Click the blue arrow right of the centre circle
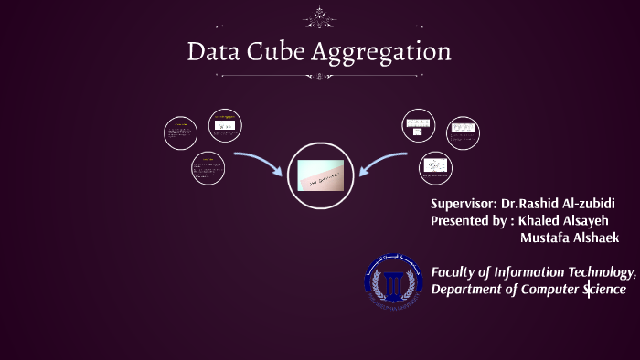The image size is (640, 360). pos(384,162)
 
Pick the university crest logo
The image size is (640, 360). pos(394,278)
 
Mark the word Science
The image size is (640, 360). pos(605,290)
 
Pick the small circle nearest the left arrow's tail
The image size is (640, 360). pos(208,168)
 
